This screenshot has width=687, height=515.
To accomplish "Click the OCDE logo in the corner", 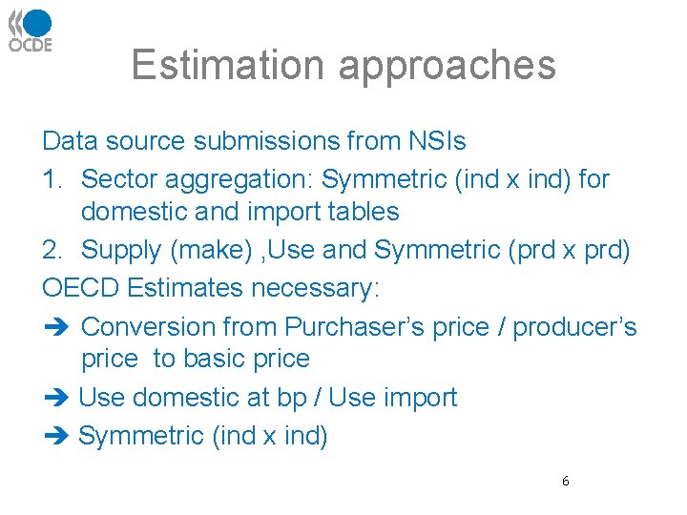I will click(x=31, y=31).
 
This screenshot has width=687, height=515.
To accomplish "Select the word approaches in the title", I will click(x=447, y=65).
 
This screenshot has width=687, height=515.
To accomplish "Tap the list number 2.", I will click(x=52, y=250).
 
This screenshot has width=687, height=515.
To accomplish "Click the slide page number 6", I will click(x=565, y=482).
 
